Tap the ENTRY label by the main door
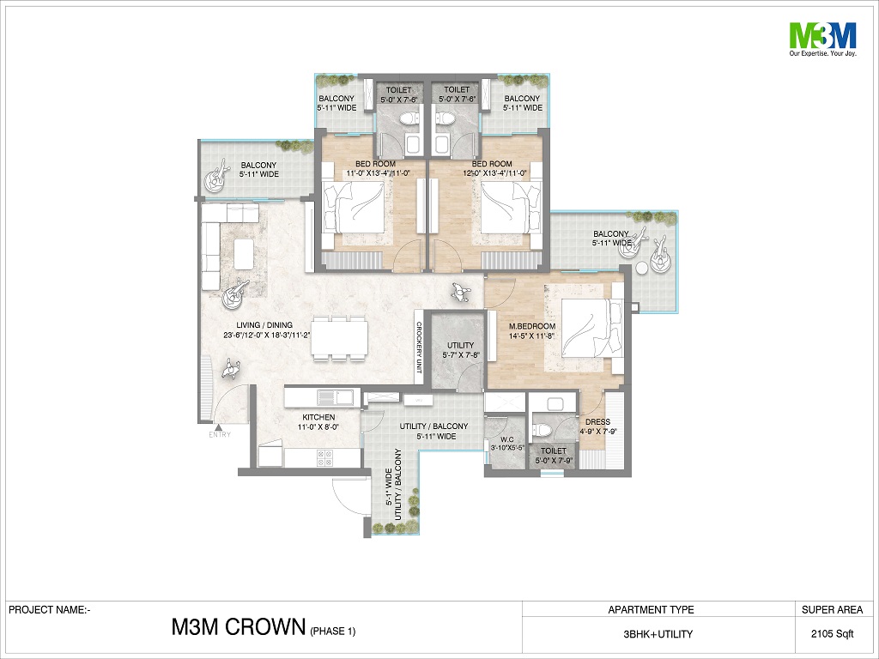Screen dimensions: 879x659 (x=220, y=434)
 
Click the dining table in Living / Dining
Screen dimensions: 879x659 (x=340, y=336)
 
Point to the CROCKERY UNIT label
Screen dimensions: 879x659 (x=419, y=348)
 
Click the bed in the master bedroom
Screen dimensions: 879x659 (x=591, y=327)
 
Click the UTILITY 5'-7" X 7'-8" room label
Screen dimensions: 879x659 (x=461, y=350)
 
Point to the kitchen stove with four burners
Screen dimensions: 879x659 (x=324, y=458)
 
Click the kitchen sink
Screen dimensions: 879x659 (x=334, y=397)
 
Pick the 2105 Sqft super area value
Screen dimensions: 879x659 (x=832, y=634)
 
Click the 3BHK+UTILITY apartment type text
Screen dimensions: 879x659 (x=658, y=634)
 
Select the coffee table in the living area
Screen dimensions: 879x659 (x=243, y=254)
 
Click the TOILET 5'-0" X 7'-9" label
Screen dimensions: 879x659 (x=554, y=456)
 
